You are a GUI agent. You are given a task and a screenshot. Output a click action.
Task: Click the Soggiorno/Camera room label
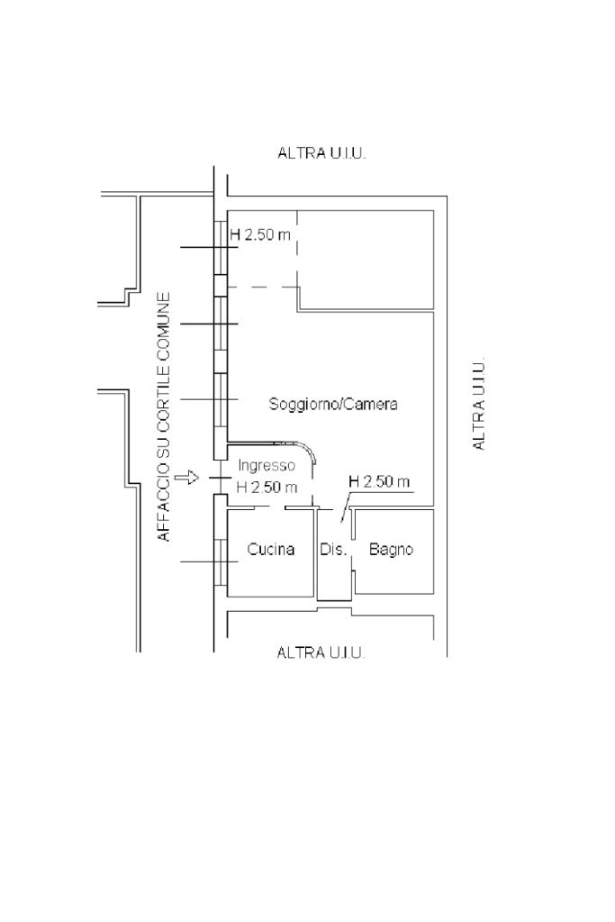[333, 405]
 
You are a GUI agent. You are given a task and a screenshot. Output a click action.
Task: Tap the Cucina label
[271, 549]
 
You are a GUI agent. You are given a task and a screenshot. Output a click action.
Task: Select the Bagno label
[391, 549]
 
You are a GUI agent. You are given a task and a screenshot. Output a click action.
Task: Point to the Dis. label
[334, 549]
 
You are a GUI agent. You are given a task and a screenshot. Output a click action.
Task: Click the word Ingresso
[267, 466]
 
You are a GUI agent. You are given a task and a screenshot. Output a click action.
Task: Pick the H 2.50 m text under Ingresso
[267, 488]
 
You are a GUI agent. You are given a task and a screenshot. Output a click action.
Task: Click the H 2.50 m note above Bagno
[379, 481]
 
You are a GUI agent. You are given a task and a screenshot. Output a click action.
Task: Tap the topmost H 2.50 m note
[260, 235]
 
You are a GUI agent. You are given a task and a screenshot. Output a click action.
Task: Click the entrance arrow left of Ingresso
[187, 478]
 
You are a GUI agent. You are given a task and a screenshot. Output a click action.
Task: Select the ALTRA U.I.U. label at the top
[321, 154]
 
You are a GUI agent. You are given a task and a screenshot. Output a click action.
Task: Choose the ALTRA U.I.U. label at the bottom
[321, 653]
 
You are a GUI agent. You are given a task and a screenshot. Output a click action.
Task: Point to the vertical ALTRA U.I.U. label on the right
[479, 404]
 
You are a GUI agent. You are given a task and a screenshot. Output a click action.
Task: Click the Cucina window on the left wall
[221, 561]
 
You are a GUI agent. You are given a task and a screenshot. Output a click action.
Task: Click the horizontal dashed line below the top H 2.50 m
[263, 288]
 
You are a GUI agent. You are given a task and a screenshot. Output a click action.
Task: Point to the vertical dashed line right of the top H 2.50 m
[297, 249]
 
